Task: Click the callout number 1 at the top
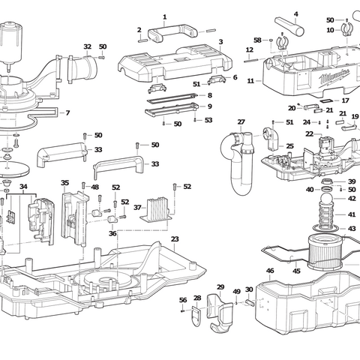(x=164, y=16)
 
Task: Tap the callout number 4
(x=295, y=13)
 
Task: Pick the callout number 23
(x=174, y=239)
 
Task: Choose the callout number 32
(x=88, y=46)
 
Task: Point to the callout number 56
(x=182, y=300)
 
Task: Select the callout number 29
(x=220, y=287)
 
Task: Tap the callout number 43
(x=352, y=228)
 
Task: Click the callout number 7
(x=67, y=113)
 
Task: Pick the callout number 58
(x=257, y=40)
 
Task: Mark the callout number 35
(x=65, y=183)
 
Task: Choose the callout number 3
(x=220, y=42)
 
